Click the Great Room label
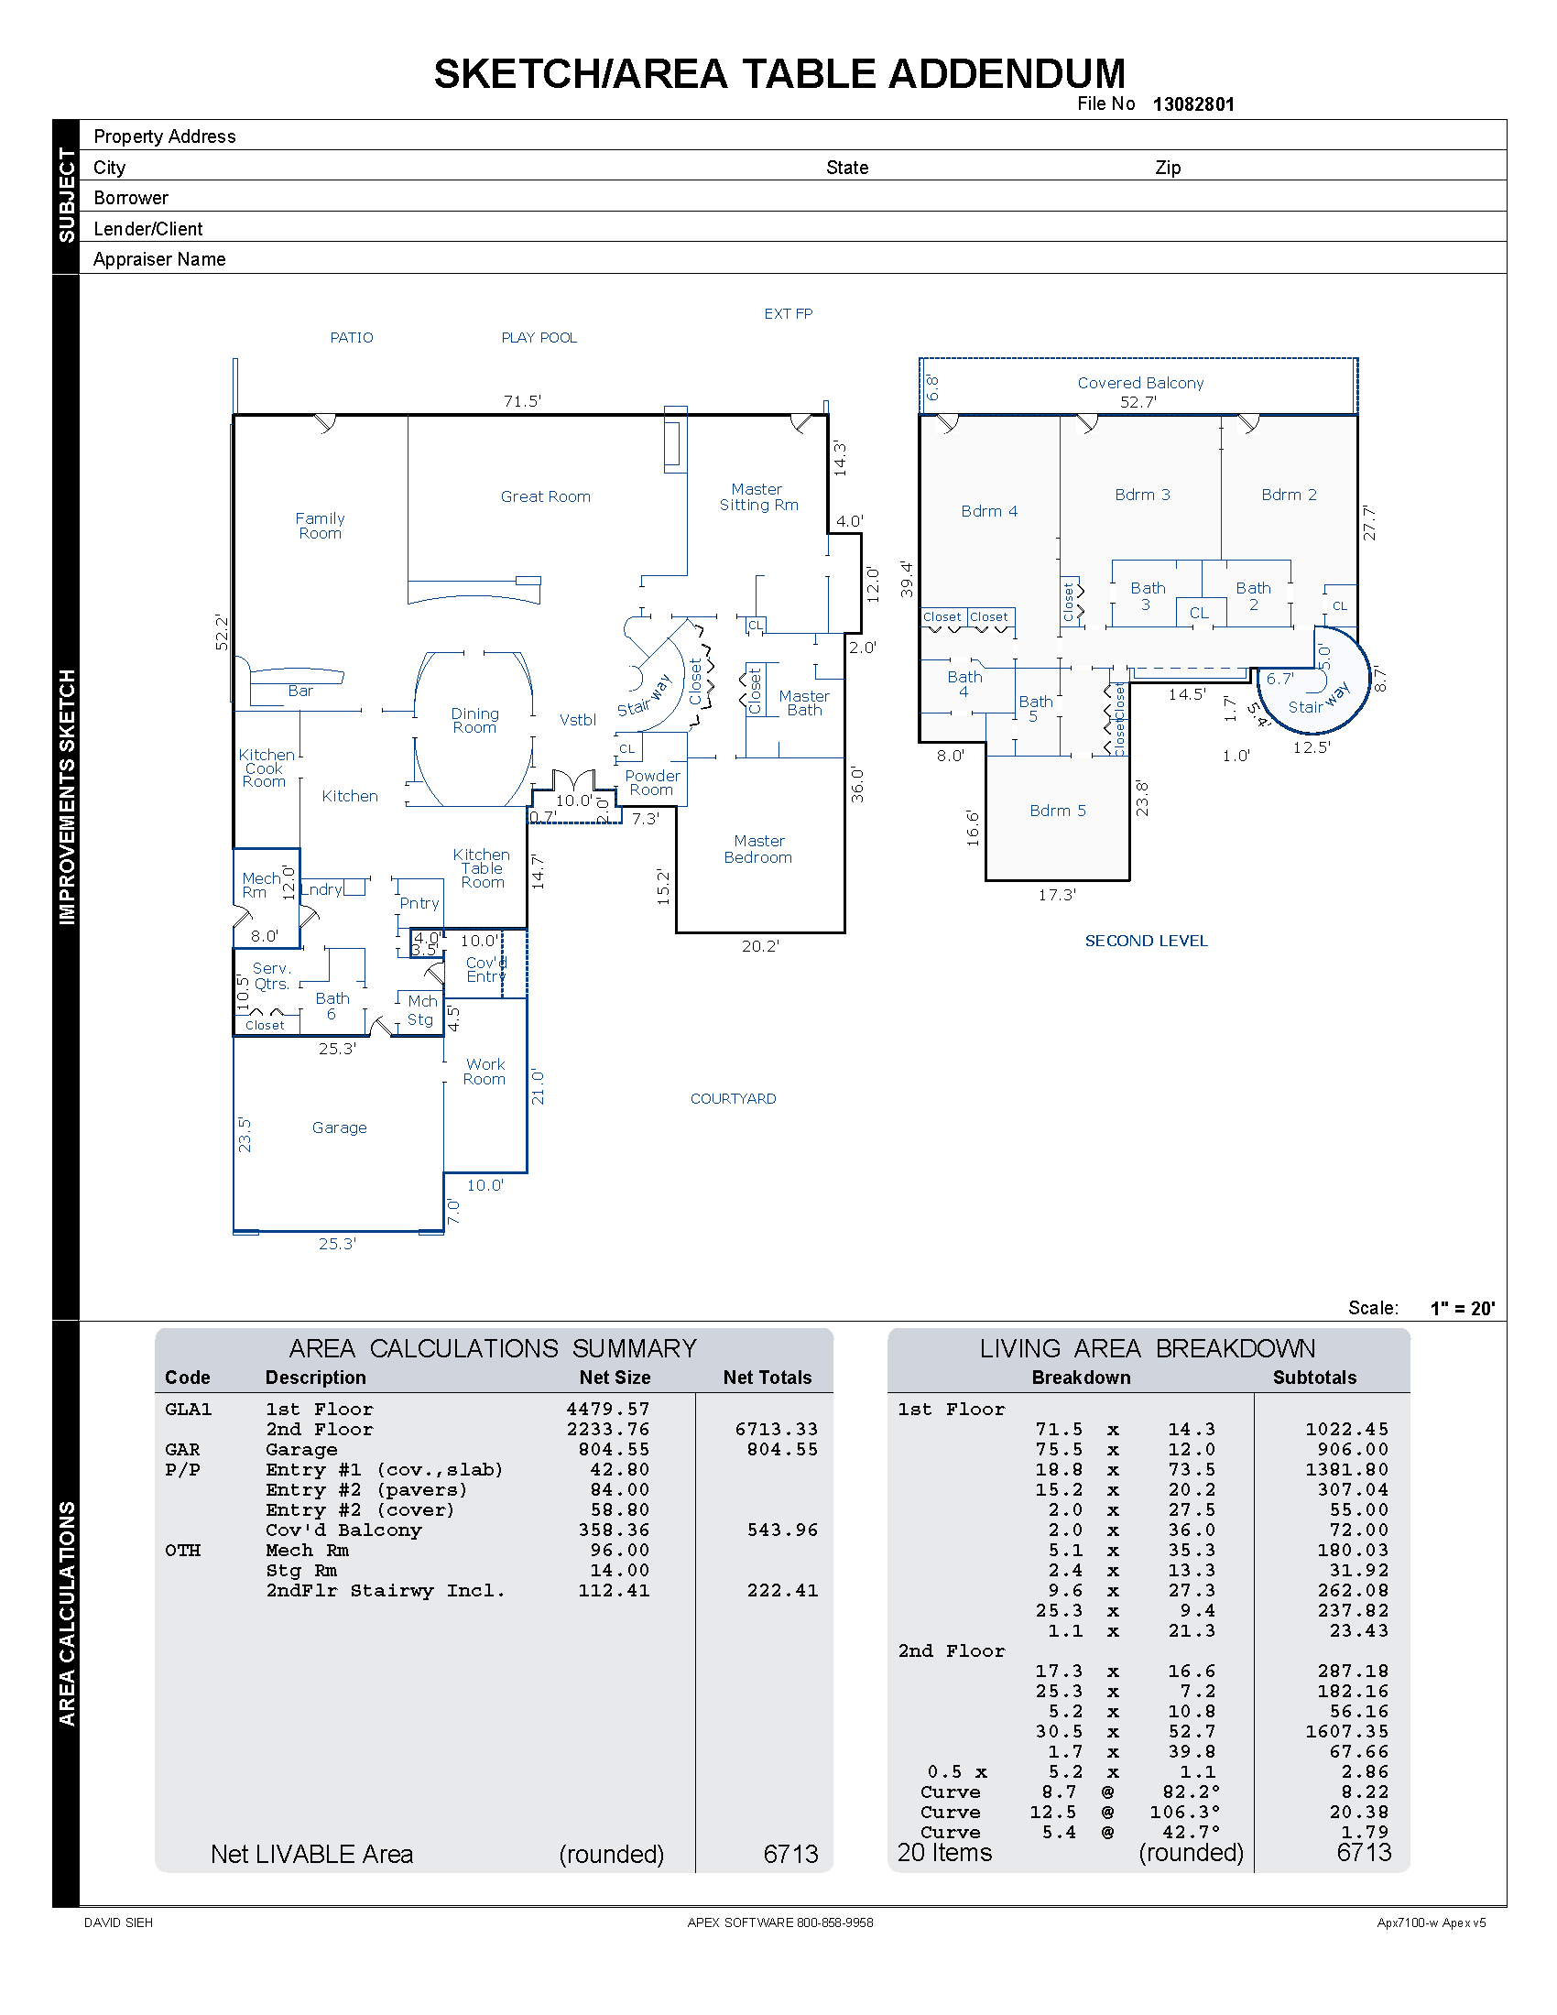coord(545,496)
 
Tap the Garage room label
coord(339,1127)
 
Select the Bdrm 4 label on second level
coord(989,511)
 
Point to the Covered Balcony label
coord(1140,383)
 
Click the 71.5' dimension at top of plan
coord(522,401)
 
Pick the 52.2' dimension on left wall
coord(222,632)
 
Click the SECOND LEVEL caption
coord(1146,941)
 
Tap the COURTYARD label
coord(734,1099)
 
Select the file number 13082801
coord(1192,104)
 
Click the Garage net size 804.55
coord(614,1450)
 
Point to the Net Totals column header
coord(767,1378)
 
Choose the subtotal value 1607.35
coord(1345,1732)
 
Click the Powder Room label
coord(652,782)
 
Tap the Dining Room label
coord(474,721)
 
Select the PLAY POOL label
coord(539,338)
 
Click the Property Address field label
coord(164,136)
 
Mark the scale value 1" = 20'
coord(1462,1308)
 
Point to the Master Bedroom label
coord(758,849)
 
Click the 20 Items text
coord(944,1854)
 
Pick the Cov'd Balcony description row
coord(343,1530)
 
